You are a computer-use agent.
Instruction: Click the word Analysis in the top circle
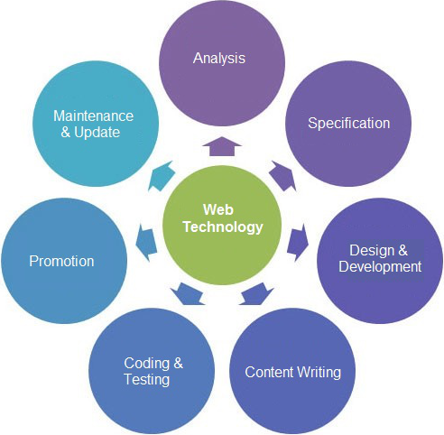[219, 59]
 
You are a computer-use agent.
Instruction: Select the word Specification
[349, 124]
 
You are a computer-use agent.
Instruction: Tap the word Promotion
[61, 261]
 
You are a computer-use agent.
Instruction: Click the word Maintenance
[93, 116]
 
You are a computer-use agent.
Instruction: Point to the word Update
[97, 133]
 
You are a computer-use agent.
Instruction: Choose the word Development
[380, 267]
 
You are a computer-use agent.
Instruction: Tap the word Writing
[319, 373]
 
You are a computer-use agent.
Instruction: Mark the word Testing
[147, 379]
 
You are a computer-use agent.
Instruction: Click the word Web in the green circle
[218, 209]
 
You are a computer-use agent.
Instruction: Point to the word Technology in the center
[223, 227]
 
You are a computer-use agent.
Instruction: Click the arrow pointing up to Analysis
[222, 146]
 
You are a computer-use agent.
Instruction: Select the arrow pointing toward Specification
[282, 176]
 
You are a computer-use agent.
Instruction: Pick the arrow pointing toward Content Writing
[256, 294]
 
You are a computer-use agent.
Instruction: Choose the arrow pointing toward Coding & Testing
[188, 294]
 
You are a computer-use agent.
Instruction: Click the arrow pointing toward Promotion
[146, 243]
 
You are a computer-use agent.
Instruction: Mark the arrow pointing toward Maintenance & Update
[162, 176]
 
